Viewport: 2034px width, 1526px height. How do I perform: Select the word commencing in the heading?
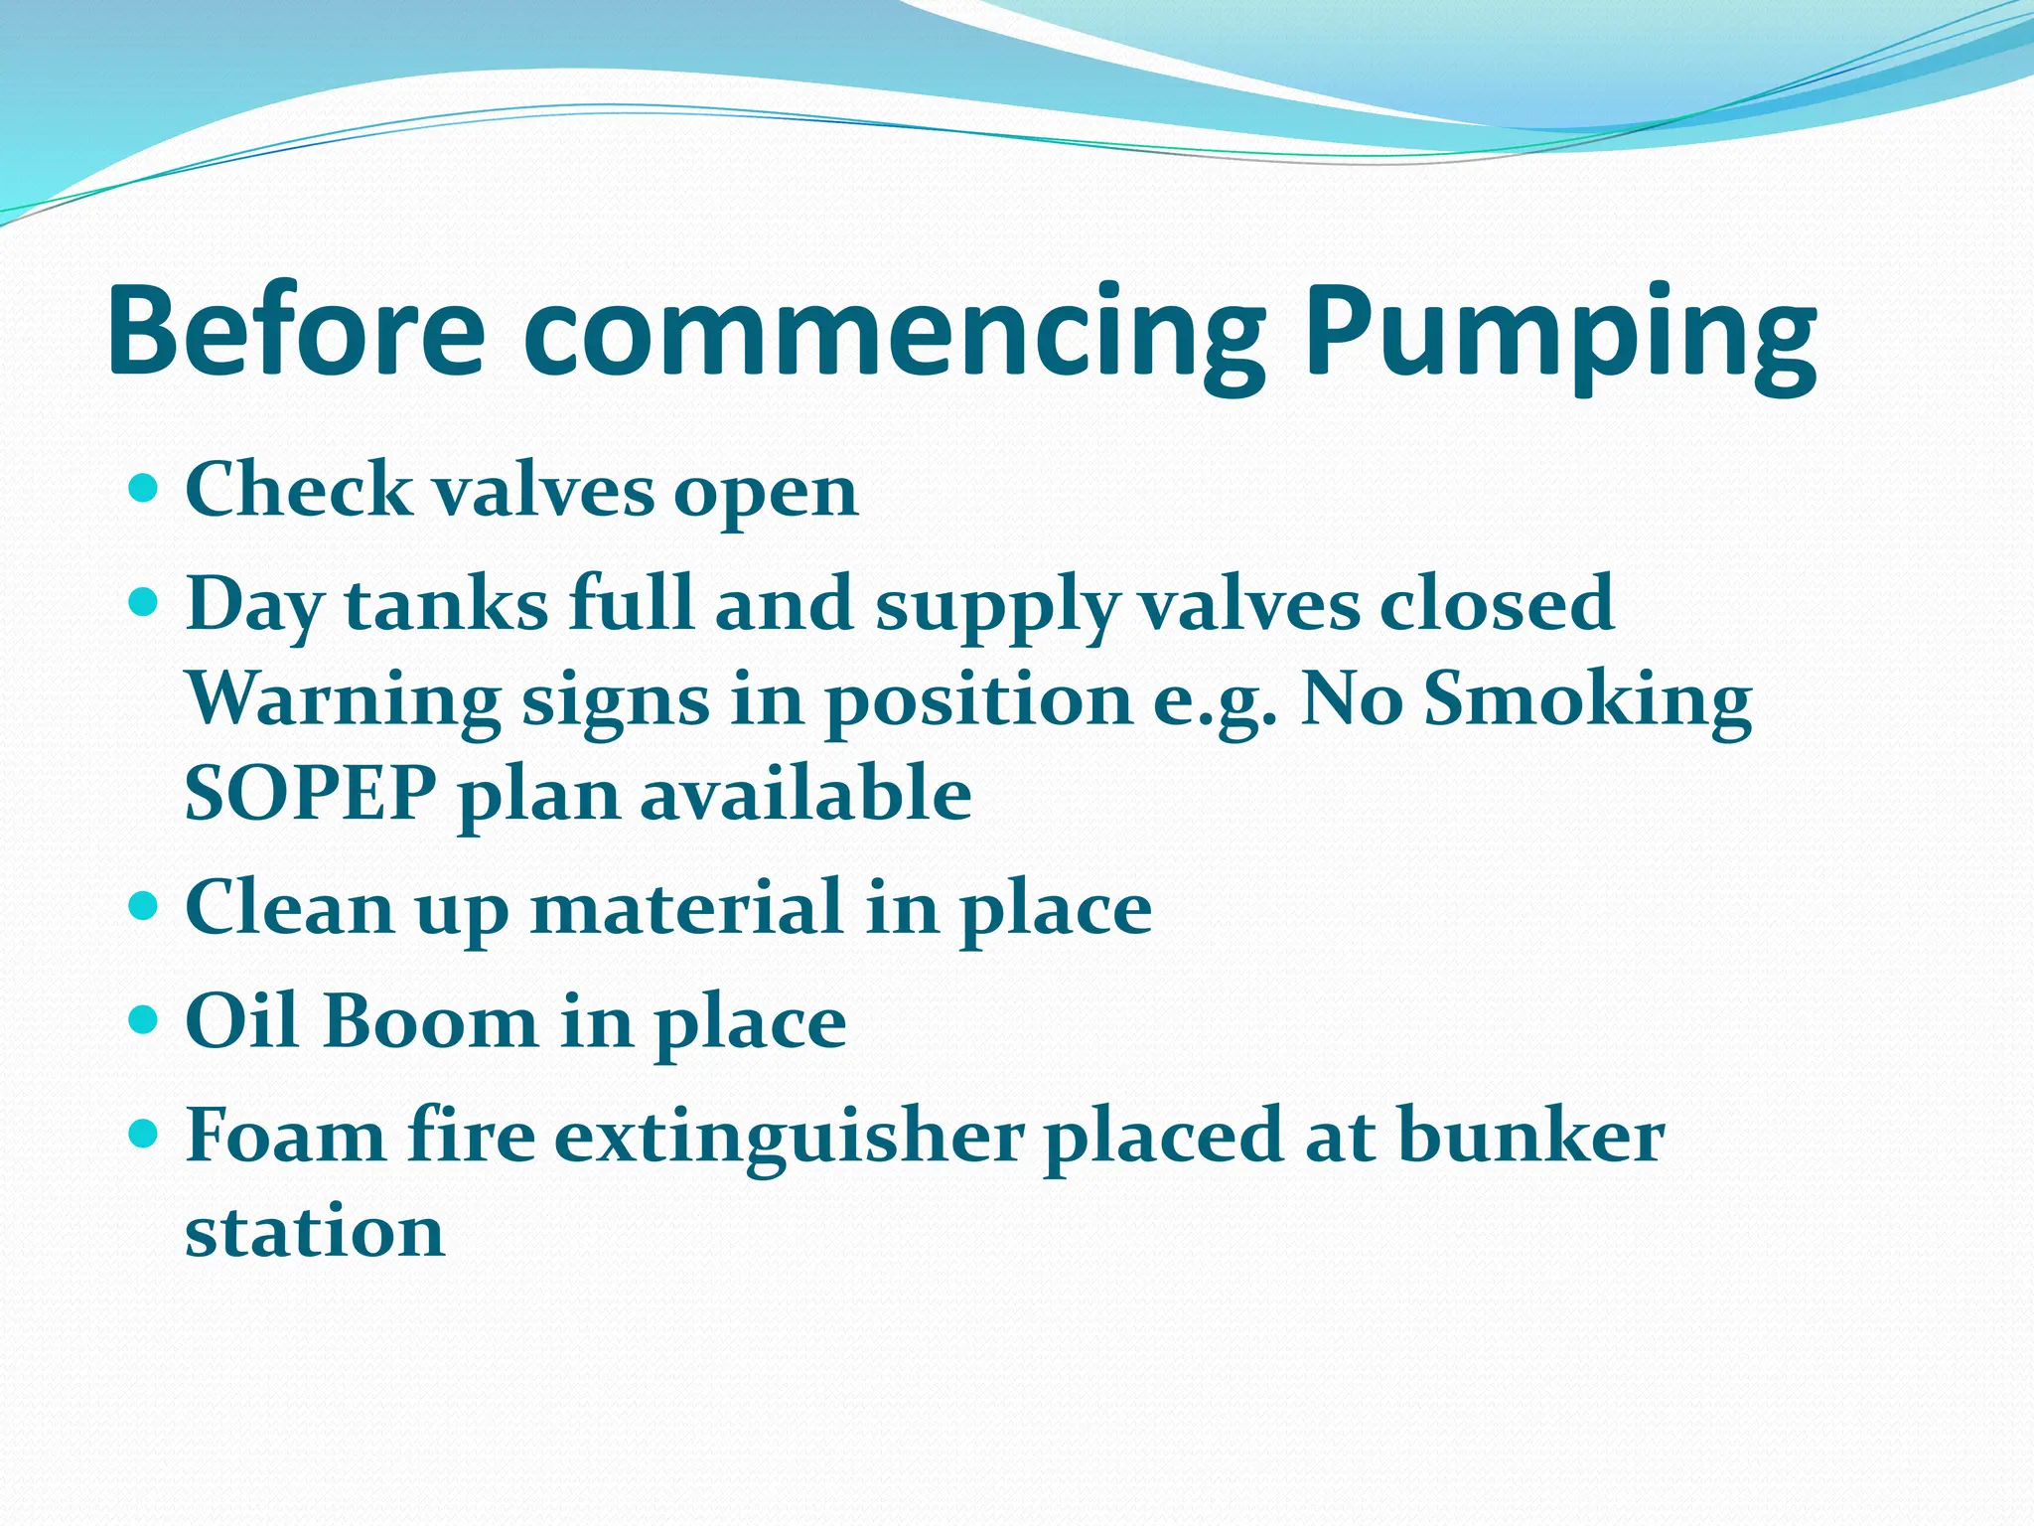click(x=894, y=338)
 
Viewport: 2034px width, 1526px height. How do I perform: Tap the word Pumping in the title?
click(x=1560, y=338)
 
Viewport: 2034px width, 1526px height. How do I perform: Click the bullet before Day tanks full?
click(x=145, y=602)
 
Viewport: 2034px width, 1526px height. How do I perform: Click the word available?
click(x=805, y=794)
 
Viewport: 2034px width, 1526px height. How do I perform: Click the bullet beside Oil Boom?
click(x=145, y=1019)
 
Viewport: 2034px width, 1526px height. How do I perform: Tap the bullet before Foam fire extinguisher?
click(x=145, y=1133)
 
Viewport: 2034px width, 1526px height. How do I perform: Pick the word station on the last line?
click(x=315, y=1232)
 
